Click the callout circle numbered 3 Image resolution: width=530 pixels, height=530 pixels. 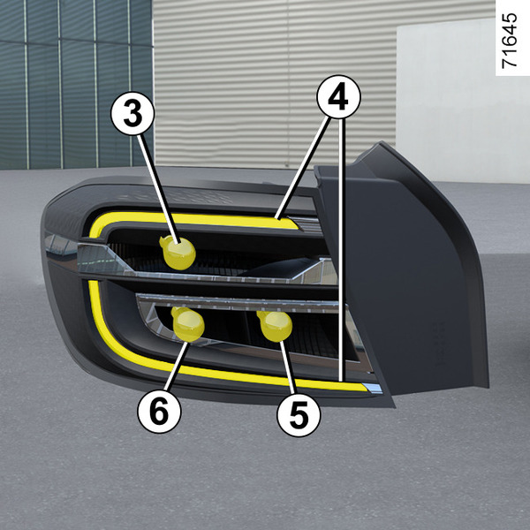click(132, 114)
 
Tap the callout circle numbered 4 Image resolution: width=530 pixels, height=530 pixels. click(338, 97)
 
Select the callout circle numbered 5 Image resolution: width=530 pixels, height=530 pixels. click(299, 414)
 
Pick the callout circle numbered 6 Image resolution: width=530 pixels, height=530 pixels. click(159, 411)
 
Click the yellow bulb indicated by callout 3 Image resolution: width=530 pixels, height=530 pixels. click(178, 253)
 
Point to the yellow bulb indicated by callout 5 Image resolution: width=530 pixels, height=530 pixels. click(275, 326)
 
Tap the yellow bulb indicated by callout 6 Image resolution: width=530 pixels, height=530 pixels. click(187, 324)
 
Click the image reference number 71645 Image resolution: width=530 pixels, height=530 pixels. click(510, 41)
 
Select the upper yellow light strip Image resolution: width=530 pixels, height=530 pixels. click(189, 219)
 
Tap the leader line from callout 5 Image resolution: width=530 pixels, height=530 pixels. click(287, 367)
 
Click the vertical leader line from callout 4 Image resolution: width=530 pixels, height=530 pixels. click(342, 250)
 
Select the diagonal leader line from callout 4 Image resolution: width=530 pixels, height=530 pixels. click(303, 167)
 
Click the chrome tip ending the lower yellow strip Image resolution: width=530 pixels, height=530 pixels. click(372, 388)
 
